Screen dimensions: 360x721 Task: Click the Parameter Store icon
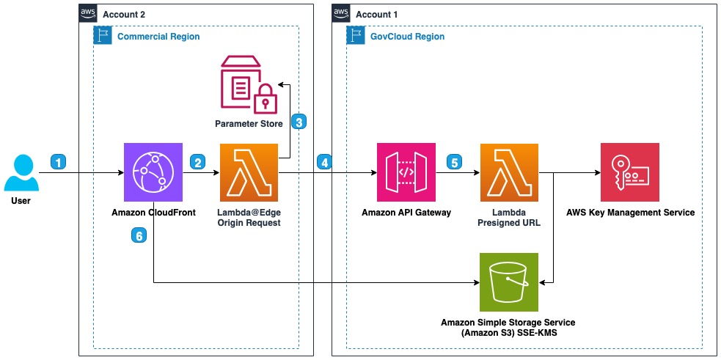(x=248, y=87)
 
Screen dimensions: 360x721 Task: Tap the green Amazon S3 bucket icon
(x=508, y=282)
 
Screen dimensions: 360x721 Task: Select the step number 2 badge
(x=197, y=161)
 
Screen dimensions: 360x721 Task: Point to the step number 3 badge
(x=299, y=122)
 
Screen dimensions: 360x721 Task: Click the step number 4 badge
(x=324, y=161)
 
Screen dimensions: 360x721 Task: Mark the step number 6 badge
(x=138, y=235)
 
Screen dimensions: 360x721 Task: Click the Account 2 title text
(x=124, y=14)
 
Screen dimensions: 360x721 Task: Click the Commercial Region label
(x=158, y=36)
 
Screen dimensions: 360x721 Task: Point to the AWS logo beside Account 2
(x=88, y=13)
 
